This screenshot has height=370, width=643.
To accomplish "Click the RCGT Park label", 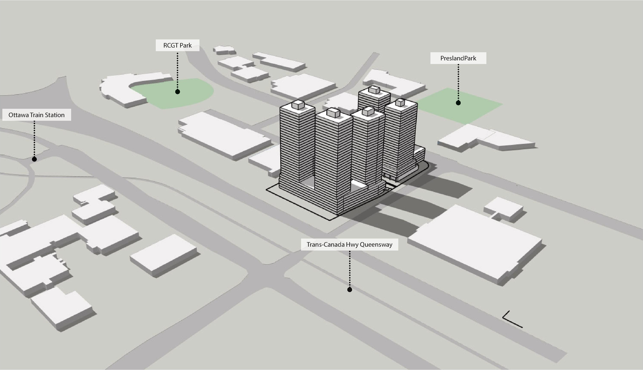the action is tap(177, 45).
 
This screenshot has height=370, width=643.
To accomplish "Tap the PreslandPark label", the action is tap(458, 58).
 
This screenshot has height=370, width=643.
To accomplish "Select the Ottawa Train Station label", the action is tap(37, 115).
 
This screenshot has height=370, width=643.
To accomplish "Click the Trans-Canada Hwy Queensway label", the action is tap(349, 244).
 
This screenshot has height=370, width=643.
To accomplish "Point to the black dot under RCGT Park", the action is tap(177, 92).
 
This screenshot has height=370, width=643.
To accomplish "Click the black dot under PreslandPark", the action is tap(458, 103).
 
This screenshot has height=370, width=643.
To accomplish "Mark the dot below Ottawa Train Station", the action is tap(35, 159).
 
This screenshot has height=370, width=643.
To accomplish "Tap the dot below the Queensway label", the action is tap(350, 290).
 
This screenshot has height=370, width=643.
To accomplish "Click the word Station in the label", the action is tap(55, 115).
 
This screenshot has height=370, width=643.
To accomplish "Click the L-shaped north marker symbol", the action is tap(508, 320).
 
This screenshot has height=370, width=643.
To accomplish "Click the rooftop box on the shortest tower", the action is tap(374, 89).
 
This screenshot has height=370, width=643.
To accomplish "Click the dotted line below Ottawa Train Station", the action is tap(35, 139).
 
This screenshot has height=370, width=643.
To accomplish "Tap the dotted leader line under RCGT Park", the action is tap(177, 70).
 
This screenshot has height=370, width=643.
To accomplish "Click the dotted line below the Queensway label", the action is tap(350, 269).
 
